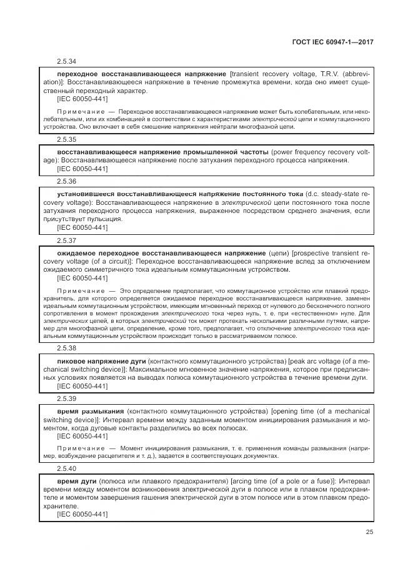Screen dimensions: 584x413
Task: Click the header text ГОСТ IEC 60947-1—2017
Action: coord(337,42)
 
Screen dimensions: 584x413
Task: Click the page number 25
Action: coord(369,532)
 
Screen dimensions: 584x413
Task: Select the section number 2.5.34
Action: coord(66,62)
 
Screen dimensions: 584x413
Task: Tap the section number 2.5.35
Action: coord(66,139)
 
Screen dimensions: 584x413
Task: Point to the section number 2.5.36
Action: coord(66,181)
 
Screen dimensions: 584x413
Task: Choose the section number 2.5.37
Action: coord(66,240)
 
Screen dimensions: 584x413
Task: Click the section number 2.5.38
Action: coord(66,348)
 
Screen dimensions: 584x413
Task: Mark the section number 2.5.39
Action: coord(66,398)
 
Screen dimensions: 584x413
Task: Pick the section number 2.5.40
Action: coord(66,468)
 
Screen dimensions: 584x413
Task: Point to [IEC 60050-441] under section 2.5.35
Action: coord(82,169)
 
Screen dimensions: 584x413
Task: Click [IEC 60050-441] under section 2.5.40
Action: coord(82,514)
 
